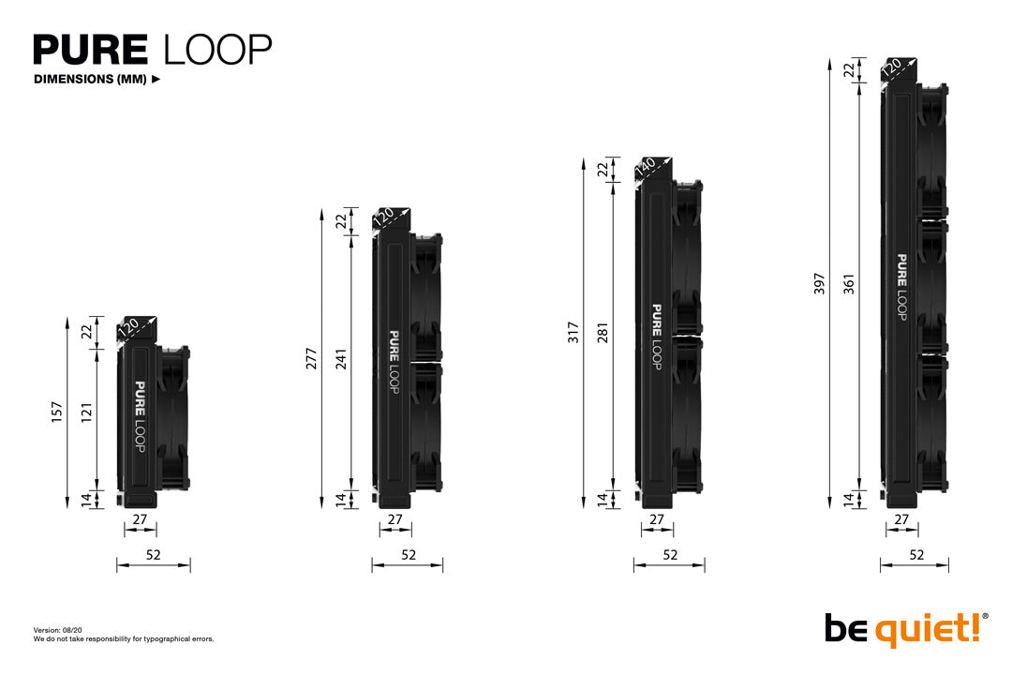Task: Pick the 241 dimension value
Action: [x=341, y=361]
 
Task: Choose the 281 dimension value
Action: [x=603, y=334]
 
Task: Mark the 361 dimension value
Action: [x=848, y=283]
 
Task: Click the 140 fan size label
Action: [x=646, y=168]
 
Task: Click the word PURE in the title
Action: [x=91, y=50]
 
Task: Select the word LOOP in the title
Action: [x=217, y=50]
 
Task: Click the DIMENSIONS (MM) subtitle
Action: [x=90, y=80]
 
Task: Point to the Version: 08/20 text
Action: [x=59, y=630]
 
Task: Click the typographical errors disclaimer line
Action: [x=124, y=639]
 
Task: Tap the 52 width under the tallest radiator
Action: [x=915, y=555]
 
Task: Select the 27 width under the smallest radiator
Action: [x=140, y=519]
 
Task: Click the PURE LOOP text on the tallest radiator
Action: [x=901, y=287]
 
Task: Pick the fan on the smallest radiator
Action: [x=173, y=417]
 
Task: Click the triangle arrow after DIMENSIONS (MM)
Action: [x=156, y=80]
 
